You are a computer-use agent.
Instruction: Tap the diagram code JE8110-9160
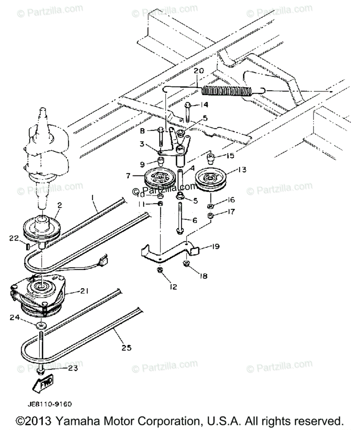click(49, 404)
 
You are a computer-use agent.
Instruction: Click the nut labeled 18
click(186, 264)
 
